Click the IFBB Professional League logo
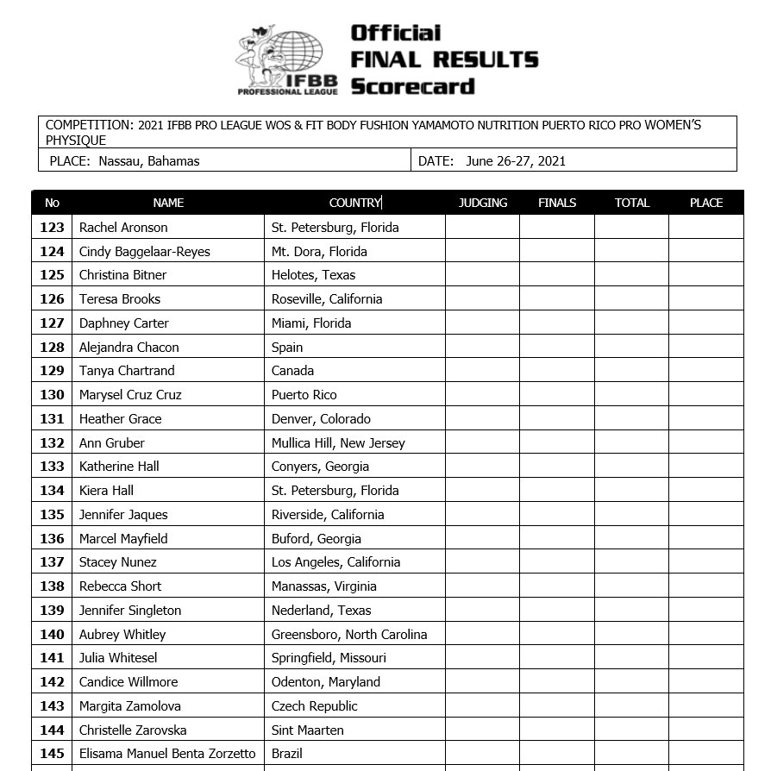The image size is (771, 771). point(281,59)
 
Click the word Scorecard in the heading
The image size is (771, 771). point(412,86)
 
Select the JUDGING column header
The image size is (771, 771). point(483,203)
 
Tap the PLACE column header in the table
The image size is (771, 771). point(705,203)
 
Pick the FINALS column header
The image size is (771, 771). point(557,203)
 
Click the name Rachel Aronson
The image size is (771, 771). point(123,228)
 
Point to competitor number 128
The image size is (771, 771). point(53,348)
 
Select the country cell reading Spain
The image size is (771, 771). point(287,348)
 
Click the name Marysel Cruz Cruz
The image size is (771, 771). point(130,395)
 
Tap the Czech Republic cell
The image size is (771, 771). point(314,706)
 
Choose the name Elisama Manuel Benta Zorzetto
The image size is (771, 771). point(167,754)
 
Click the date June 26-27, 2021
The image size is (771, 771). point(516,160)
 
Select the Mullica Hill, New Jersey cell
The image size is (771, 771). point(338,443)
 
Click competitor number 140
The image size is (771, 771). point(53,635)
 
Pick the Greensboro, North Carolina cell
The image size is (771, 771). point(349,635)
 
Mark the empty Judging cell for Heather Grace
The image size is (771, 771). point(482,419)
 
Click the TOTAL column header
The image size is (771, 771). point(631,203)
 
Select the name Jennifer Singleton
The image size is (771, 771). point(130,611)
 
